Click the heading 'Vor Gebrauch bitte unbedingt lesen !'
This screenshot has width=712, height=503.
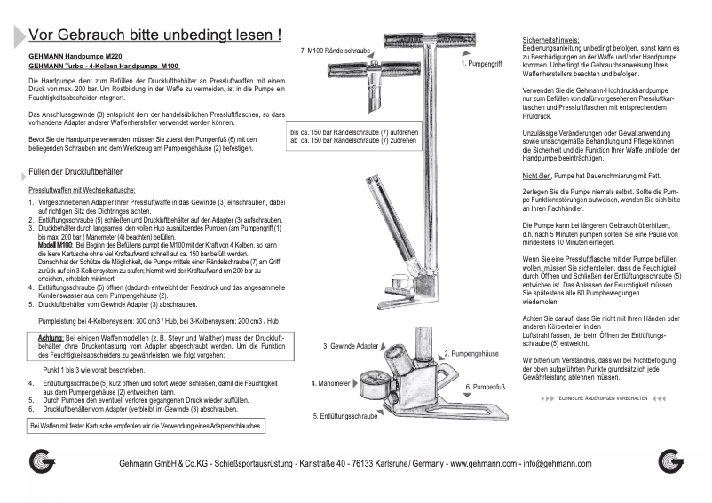tap(155, 35)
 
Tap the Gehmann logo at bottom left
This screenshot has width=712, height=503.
tap(42, 462)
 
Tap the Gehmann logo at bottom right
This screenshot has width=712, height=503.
tap(672, 462)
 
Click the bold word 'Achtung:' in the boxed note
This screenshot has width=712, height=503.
tap(50, 338)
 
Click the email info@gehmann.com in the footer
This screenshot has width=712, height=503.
tap(558, 463)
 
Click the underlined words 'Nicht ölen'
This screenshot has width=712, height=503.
tap(538, 177)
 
